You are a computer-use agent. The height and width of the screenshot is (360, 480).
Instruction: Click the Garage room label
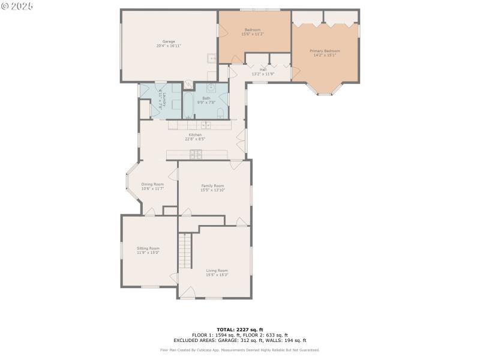(169, 41)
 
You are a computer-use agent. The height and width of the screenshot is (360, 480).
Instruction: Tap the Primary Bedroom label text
(324, 51)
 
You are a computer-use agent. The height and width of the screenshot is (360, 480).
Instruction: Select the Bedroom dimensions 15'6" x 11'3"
(252, 34)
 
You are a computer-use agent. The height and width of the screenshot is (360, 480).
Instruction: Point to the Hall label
(263, 69)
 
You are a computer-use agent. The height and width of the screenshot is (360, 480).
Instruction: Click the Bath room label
(206, 98)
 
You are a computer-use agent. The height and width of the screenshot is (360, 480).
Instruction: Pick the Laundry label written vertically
(163, 101)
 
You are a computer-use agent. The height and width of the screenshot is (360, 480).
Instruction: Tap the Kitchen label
(195, 135)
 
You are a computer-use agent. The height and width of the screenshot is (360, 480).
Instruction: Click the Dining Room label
(152, 184)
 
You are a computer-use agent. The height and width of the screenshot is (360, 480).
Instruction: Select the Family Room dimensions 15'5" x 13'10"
(212, 190)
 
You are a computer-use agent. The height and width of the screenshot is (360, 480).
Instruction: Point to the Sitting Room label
(148, 248)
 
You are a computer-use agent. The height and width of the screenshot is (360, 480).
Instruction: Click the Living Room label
(217, 271)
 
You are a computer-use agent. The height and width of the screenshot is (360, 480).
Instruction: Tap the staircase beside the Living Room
(185, 251)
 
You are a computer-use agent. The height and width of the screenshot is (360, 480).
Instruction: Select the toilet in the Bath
(220, 113)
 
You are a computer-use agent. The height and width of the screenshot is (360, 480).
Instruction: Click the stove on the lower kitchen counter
(196, 155)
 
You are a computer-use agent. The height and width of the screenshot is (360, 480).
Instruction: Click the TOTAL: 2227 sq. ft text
(240, 329)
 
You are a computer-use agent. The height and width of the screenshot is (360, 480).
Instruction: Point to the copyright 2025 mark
(17, 5)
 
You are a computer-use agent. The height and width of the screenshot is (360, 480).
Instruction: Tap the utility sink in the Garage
(212, 58)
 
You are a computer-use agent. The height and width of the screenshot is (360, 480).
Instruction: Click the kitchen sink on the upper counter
(205, 125)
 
